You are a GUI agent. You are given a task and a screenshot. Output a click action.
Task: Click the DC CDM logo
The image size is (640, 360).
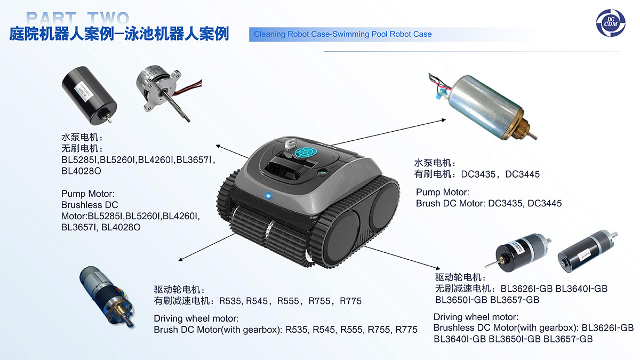coord(611,23)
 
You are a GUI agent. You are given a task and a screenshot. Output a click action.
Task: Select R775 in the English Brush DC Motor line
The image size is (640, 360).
coord(406,330)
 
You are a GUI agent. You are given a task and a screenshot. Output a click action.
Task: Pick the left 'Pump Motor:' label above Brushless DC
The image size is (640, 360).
coord(88,194)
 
